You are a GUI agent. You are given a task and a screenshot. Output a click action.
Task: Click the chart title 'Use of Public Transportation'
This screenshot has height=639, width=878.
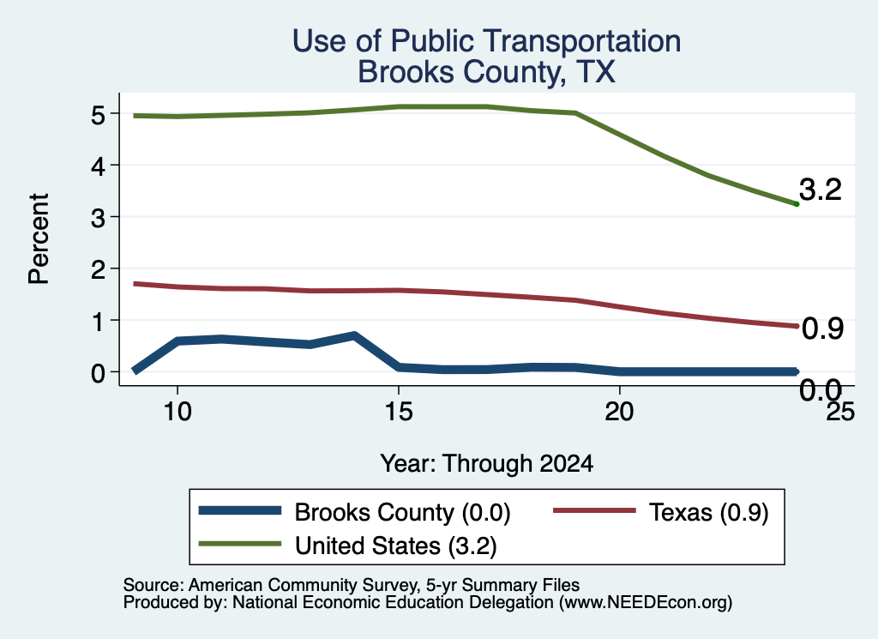[x=487, y=41]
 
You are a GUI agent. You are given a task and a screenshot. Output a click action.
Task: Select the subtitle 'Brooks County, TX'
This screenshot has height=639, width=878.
[x=487, y=72]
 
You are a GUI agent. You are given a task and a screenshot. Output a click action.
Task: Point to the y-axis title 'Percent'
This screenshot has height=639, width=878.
[x=39, y=239]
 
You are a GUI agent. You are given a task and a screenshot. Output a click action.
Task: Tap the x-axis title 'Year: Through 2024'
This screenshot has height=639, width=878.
[x=487, y=464]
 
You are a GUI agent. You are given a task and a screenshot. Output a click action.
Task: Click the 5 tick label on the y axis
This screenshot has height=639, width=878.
[x=98, y=116]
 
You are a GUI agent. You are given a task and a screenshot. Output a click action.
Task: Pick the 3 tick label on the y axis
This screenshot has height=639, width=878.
[x=98, y=218]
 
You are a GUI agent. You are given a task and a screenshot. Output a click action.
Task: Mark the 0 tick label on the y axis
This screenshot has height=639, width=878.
[x=98, y=373]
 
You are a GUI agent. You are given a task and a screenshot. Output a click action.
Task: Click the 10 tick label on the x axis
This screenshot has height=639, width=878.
[x=177, y=412]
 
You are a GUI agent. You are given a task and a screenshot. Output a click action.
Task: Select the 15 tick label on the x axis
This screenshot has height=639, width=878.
[x=398, y=412]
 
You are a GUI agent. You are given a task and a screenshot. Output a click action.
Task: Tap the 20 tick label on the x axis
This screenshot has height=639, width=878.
[x=619, y=412]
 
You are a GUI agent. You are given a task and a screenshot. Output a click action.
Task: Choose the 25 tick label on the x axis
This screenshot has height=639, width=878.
[x=840, y=412]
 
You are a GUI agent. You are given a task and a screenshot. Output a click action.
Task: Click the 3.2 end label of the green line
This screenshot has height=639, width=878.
[x=821, y=190]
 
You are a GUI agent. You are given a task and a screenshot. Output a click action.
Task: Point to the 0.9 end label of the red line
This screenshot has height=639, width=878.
[x=822, y=329]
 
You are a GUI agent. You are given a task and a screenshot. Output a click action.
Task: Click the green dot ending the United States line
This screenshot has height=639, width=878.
[x=797, y=204]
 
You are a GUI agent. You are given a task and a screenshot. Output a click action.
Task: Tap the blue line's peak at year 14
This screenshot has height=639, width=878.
[x=354, y=336]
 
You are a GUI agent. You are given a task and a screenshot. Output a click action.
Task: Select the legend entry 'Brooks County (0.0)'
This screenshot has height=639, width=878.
[x=354, y=512]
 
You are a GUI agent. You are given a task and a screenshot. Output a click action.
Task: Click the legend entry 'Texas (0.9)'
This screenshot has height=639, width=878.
[x=661, y=512]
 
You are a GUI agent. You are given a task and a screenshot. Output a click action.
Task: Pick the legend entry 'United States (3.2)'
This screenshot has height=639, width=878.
[x=348, y=546]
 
